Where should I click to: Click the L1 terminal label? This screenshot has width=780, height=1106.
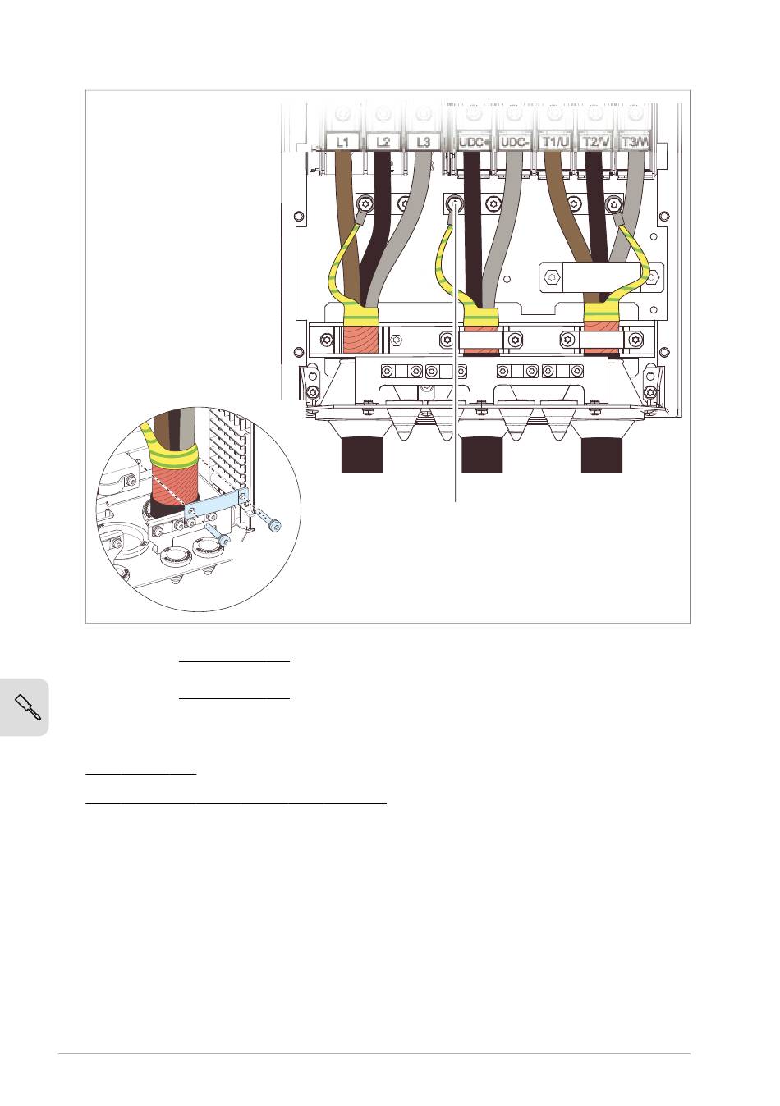342,142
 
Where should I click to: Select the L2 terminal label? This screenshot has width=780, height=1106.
383,142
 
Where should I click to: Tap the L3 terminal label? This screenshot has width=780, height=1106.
424,142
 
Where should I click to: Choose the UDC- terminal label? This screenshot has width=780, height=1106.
515,142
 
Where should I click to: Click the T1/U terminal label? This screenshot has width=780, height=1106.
555,142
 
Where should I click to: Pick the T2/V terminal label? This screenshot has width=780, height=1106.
596,142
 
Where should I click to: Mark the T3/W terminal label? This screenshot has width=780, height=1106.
635,142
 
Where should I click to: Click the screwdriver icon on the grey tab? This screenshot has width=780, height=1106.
28,707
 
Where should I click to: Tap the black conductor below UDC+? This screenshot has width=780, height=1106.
475,227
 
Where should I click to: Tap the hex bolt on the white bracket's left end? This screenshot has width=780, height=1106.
550,277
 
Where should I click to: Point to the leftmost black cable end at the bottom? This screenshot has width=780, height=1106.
361,455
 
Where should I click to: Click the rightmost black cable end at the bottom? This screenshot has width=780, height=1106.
602,455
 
